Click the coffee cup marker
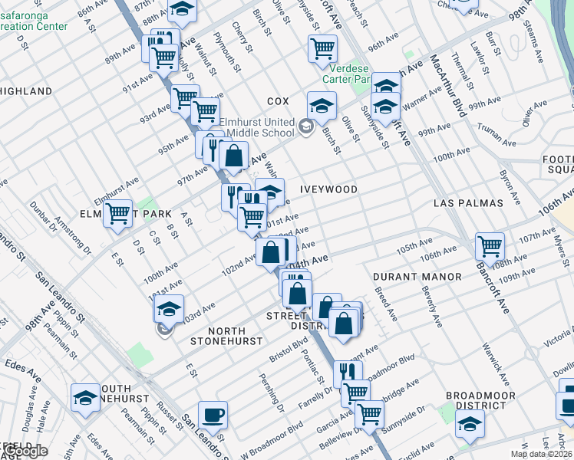(x=213, y=416)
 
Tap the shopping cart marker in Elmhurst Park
(x=117, y=212)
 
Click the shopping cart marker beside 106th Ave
(x=490, y=246)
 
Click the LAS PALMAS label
(x=468, y=203)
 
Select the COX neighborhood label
(x=277, y=101)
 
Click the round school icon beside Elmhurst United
(x=306, y=127)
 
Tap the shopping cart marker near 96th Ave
(x=322, y=48)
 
